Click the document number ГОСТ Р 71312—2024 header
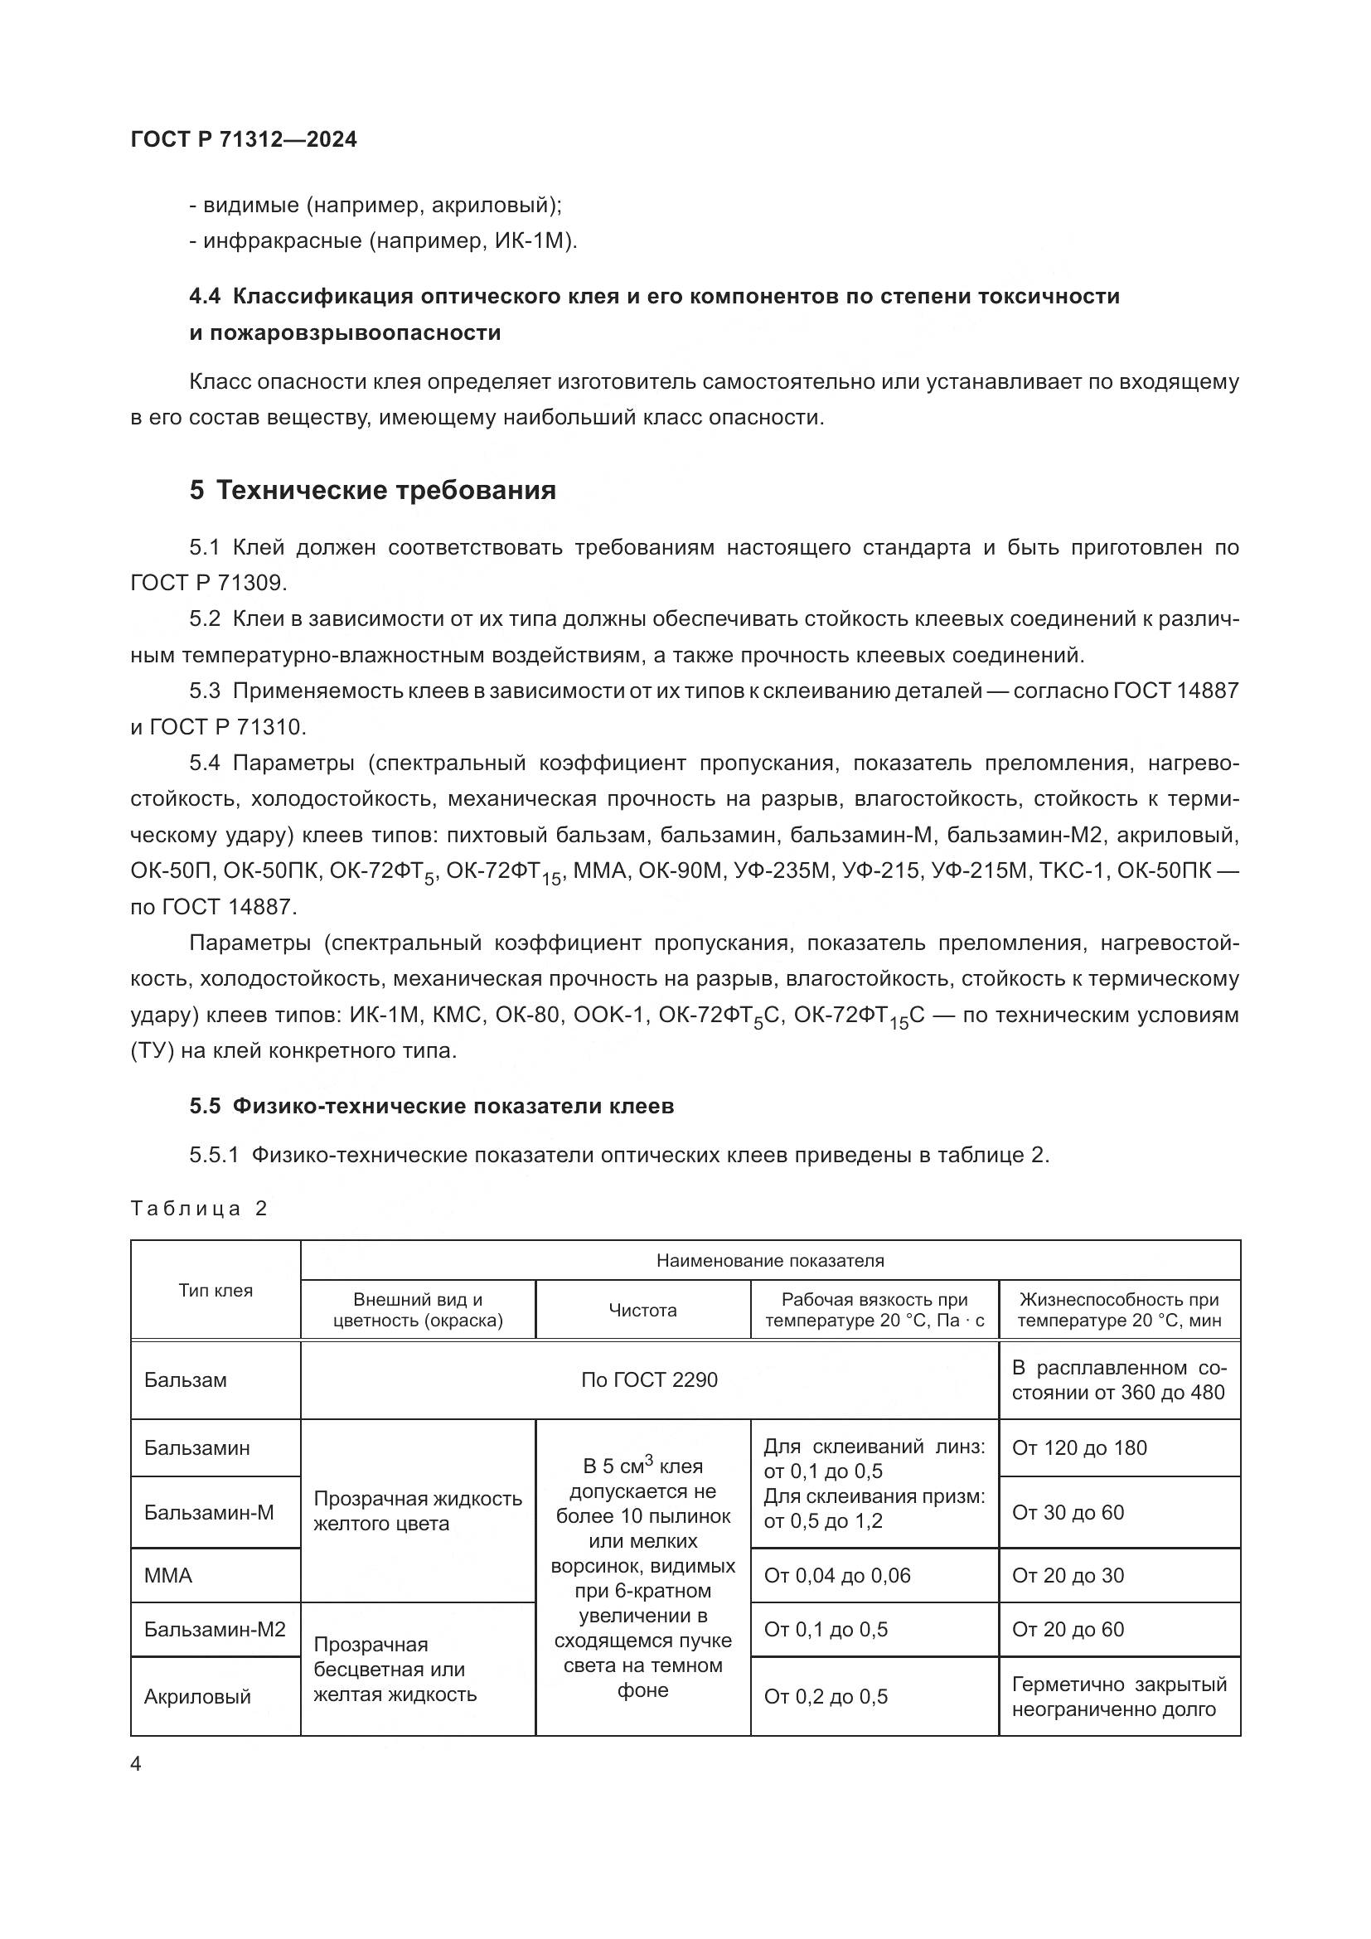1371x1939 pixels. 243,139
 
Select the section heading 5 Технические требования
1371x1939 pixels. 372,490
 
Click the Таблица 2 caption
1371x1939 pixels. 198,1209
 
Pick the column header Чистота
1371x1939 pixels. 642,1310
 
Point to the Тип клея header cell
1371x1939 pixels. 216,1290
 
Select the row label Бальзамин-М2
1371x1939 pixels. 215,1629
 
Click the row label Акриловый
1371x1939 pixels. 197,1697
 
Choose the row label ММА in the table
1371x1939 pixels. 168,1575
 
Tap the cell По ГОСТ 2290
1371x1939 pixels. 648,1380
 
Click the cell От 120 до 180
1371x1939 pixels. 1079,1447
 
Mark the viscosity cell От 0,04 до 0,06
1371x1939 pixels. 836,1575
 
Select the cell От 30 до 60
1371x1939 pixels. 1067,1513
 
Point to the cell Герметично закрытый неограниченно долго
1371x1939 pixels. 1118,1697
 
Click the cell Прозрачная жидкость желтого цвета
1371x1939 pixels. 417,1511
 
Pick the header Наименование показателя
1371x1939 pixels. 770,1261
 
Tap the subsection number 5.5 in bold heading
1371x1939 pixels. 204,1107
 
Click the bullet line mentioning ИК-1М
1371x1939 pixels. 383,241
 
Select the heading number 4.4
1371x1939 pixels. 204,297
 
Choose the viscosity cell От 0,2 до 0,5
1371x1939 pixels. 826,1697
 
